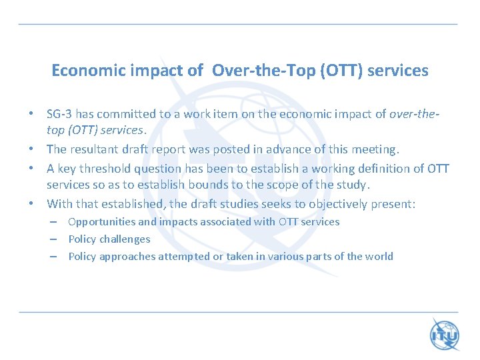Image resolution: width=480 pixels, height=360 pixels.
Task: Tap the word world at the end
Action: (x=379, y=257)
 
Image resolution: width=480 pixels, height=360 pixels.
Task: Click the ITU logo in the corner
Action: (x=444, y=334)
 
